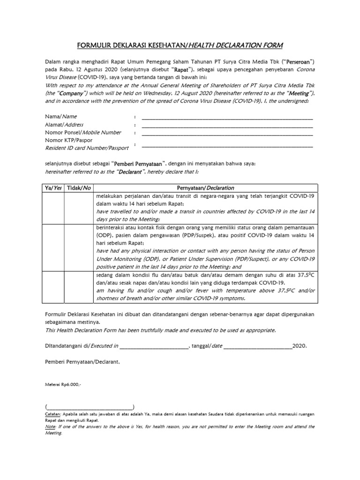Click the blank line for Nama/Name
(227, 118)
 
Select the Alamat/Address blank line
(227, 126)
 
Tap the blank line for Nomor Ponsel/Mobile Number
(227, 134)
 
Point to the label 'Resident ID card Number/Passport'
(86, 149)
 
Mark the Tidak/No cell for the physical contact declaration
(78, 247)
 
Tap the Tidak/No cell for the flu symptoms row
(78, 287)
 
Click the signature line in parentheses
(90, 407)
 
